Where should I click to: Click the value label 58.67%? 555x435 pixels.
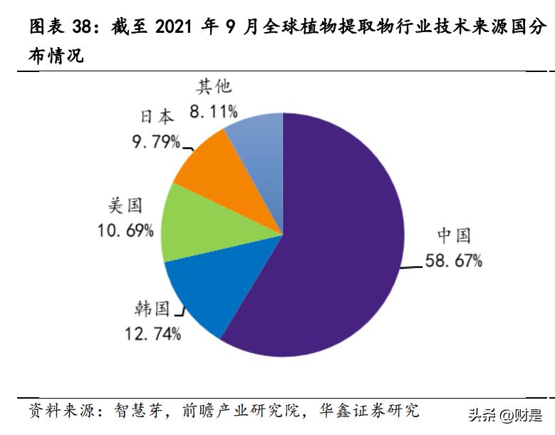point(454,261)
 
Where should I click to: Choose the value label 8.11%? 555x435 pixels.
point(214,111)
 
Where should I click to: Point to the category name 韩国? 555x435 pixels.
point(152,309)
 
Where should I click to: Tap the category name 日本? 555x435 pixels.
point(156,117)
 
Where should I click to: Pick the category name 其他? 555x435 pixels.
point(214,87)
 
